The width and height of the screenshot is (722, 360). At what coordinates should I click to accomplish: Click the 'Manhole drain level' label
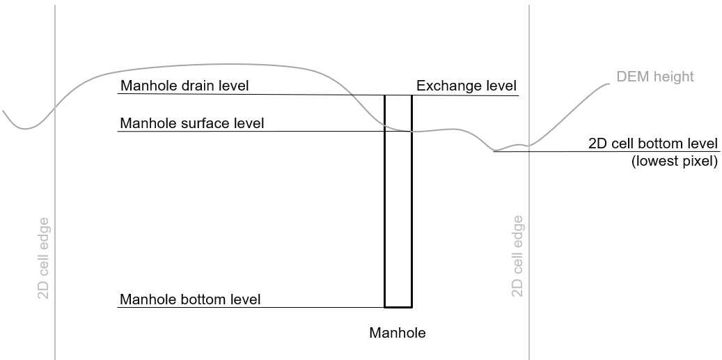tap(185, 86)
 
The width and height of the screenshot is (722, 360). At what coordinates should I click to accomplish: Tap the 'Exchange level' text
tap(466, 86)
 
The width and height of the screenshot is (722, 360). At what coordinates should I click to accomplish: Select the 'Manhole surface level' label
tap(192, 123)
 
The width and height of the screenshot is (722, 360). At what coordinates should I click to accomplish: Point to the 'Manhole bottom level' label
tap(190, 299)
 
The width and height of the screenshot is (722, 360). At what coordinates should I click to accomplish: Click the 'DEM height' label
tap(655, 77)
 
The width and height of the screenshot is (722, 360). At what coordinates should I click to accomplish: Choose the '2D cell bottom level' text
tap(653, 144)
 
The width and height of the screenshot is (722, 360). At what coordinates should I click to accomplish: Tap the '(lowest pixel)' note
tap(674, 162)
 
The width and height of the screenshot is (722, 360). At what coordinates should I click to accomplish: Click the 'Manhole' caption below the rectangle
tap(397, 333)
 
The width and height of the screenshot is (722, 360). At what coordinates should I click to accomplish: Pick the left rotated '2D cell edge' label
tap(43, 258)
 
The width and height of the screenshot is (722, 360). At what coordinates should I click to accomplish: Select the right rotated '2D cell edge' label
tap(517, 256)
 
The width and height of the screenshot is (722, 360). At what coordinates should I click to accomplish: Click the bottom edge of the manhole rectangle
tap(398, 306)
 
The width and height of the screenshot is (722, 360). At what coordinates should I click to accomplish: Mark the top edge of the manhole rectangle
tap(398, 95)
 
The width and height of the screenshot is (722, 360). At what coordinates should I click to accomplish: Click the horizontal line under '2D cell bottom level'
tap(606, 152)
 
